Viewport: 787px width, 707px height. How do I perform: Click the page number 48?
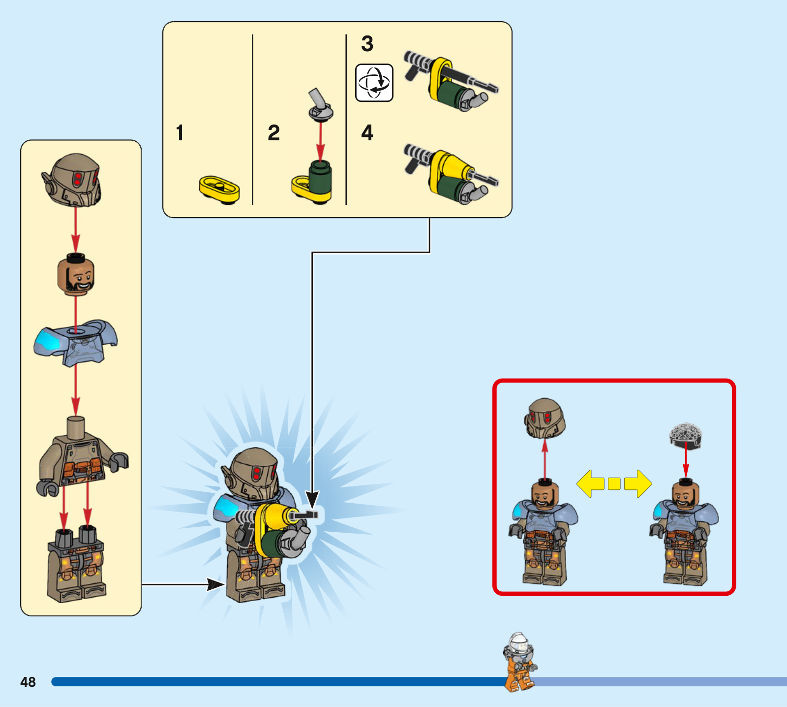pos(28,682)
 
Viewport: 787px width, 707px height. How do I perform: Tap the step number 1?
pos(180,133)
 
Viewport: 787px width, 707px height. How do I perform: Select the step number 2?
pos(274,133)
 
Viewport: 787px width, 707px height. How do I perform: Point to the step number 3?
pos(367,44)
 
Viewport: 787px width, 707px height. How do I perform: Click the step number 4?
pos(367,133)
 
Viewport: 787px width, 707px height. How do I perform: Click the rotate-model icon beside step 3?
pos(374,83)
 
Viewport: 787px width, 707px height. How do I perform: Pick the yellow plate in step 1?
pos(219,189)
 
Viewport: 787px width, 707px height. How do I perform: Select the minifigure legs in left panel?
pos(76,566)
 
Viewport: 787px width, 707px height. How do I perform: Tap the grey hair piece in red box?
pos(686,435)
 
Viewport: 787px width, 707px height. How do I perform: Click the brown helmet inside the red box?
pos(545,418)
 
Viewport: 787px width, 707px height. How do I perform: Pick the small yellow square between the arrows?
pos(614,484)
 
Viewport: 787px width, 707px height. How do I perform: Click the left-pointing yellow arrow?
pos(591,483)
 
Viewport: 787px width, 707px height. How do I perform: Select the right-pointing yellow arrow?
pos(638,483)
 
